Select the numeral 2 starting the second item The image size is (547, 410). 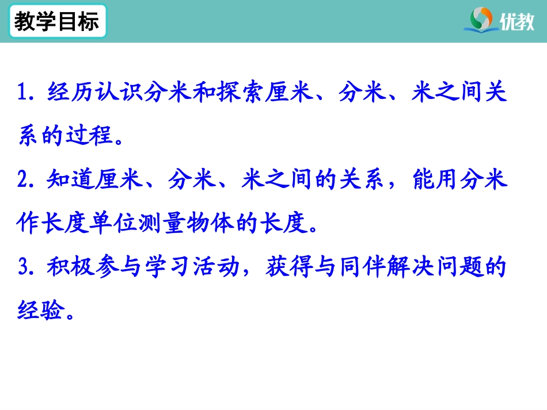pyautogui.click(x=23, y=181)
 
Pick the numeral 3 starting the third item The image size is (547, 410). pyautogui.click(x=23, y=268)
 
